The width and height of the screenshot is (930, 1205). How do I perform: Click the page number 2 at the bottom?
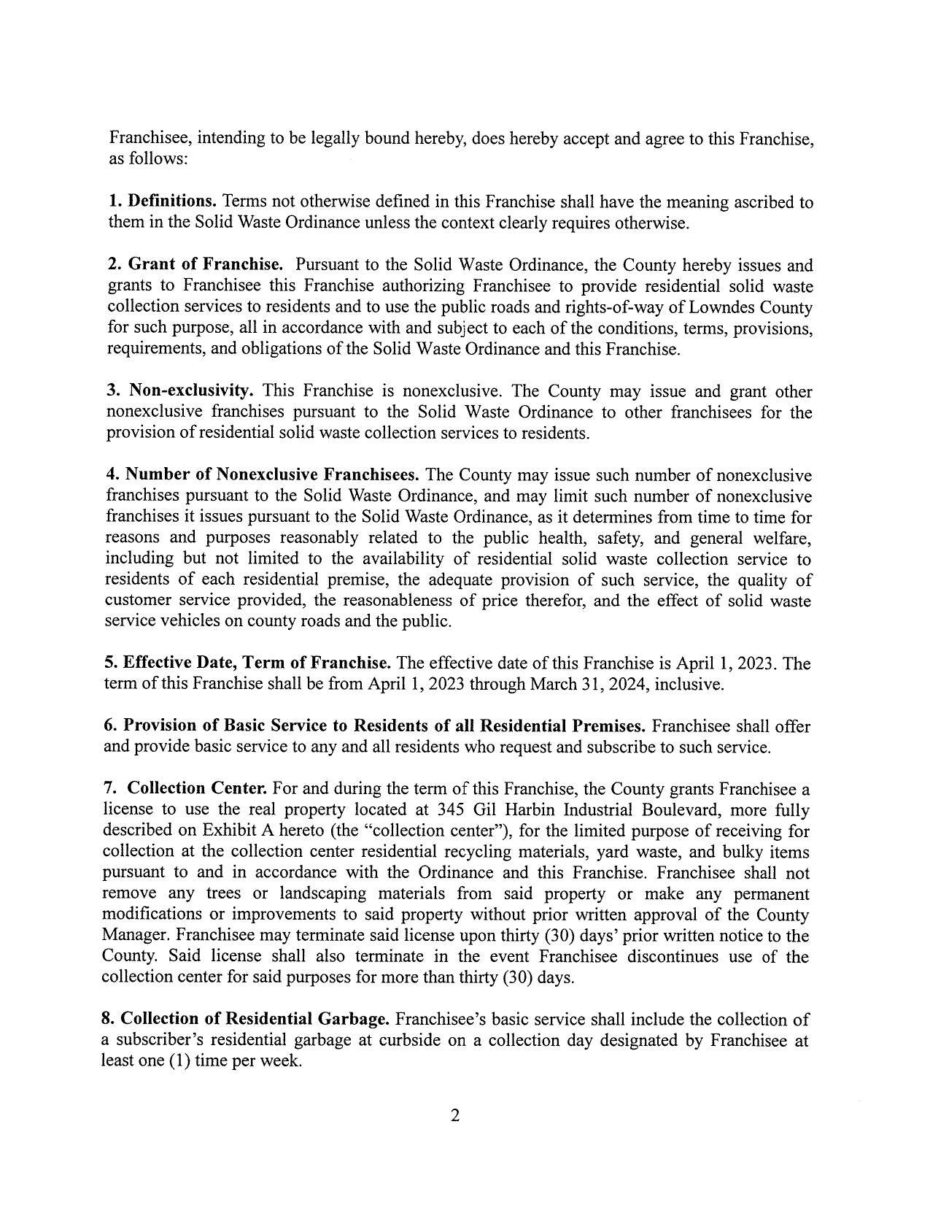[454, 1115]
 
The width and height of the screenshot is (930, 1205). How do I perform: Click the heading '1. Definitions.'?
[163, 201]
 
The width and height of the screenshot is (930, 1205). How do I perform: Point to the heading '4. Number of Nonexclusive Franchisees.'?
[263, 475]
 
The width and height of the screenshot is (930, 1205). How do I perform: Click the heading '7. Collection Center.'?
[185, 789]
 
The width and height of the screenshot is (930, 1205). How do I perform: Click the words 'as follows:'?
[148, 158]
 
